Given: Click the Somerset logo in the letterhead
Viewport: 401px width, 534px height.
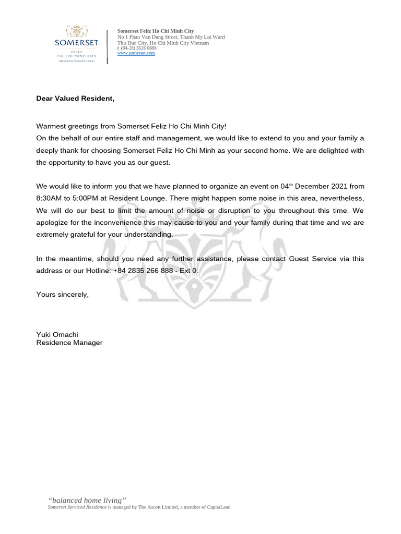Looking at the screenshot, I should point(76,43).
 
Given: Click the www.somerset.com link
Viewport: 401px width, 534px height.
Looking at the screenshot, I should point(136,53).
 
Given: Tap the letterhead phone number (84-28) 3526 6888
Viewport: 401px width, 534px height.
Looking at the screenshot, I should point(138,48).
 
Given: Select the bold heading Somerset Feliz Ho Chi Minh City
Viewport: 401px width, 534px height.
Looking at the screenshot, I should point(155,31).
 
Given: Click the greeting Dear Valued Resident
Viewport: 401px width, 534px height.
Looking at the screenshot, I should point(75,98).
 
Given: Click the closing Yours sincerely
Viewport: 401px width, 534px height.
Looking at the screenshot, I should point(62,294).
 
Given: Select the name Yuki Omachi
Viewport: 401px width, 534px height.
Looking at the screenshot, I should point(57,334).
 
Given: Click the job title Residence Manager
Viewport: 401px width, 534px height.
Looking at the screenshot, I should point(69,343).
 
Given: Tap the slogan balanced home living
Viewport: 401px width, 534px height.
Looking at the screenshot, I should point(87,500).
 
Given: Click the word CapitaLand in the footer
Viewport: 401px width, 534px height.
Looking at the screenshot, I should point(218,507).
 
